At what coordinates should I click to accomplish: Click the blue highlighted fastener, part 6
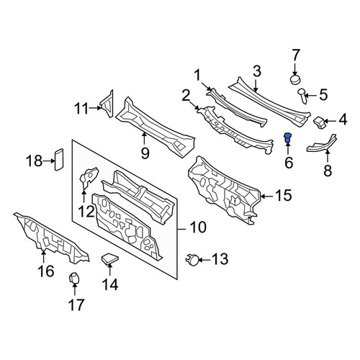point(287,137)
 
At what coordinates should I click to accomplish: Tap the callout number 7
point(296,55)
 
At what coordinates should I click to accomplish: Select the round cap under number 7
point(296,80)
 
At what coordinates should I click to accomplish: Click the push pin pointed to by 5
point(302,95)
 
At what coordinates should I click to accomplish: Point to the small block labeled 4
point(320,122)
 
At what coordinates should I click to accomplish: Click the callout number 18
point(34,161)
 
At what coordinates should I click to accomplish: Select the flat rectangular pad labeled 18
point(59,160)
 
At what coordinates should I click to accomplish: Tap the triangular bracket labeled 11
point(107,104)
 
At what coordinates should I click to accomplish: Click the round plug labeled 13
point(192,260)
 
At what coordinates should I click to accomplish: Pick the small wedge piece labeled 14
point(109,259)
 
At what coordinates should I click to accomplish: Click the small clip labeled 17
point(73,278)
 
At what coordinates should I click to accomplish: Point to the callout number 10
point(198,227)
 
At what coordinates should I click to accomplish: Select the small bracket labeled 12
point(88,178)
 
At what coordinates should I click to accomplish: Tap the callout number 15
point(284,195)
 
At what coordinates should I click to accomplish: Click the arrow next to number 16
point(43,256)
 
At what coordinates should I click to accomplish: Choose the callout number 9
point(145,153)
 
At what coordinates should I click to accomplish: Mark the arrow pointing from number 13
point(204,260)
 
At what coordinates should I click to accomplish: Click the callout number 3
point(257,71)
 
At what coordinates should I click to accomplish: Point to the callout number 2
point(186,96)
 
